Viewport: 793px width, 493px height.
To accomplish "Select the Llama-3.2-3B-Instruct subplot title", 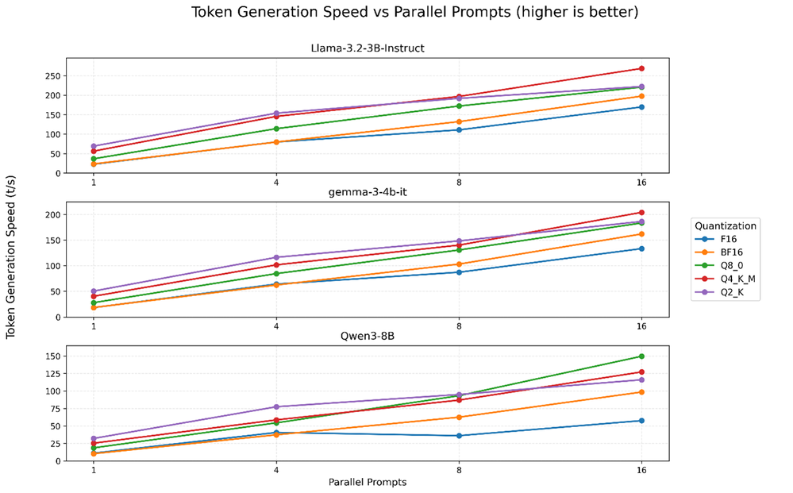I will point(368,48).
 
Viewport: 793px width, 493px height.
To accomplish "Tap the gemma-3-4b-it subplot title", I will point(368,194).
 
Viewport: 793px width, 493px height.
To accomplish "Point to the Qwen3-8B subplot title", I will point(368,336).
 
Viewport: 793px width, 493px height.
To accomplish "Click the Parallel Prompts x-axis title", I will point(368,482).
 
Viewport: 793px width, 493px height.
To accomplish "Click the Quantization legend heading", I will point(724,225).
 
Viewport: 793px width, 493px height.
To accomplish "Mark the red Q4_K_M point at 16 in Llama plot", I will point(641,68).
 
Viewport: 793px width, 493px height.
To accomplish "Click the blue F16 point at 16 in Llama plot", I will point(641,107).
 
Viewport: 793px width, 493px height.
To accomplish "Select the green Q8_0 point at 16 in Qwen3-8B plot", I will point(641,356).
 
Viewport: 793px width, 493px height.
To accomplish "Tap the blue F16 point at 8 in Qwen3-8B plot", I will point(459,436).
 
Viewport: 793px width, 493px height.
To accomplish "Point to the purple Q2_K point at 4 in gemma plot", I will point(276,257).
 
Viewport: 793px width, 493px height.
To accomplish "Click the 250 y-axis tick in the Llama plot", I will point(53,76).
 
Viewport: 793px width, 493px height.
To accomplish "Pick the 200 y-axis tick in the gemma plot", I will point(53,214).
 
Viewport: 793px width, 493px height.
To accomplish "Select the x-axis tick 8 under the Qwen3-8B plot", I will point(459,469).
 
